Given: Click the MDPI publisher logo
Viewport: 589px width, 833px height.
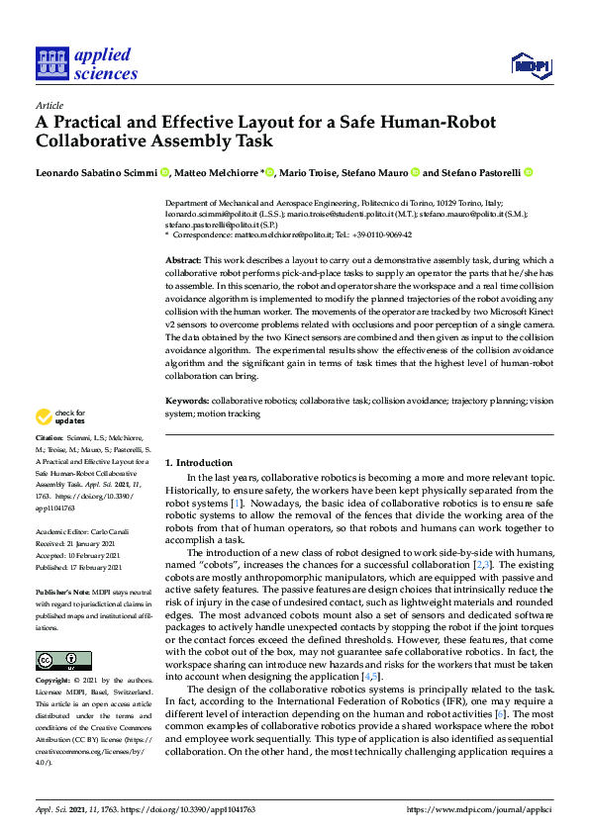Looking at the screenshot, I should point(532,66).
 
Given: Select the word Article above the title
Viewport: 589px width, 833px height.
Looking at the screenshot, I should point(49,105).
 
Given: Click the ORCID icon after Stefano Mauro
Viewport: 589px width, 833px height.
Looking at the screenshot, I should point(415,172).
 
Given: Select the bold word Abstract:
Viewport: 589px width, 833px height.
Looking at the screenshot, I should point(185,258).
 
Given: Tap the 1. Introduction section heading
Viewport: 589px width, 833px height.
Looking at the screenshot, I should point(199,463).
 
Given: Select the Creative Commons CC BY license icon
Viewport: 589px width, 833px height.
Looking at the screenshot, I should point(63,660).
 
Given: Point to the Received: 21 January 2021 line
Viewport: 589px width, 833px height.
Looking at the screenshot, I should point(78,542).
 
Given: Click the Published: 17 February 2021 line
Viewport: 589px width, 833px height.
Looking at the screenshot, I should point(79,568).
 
